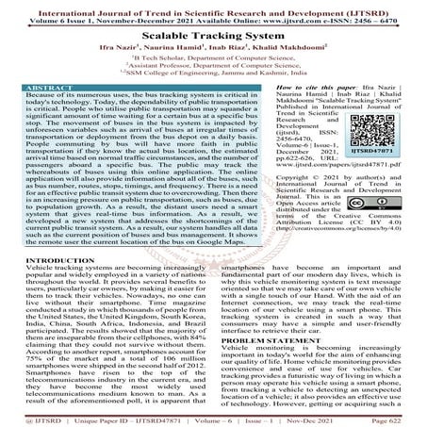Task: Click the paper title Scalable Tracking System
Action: (x=213, y=32)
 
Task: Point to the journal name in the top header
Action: (x=213, y=7)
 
